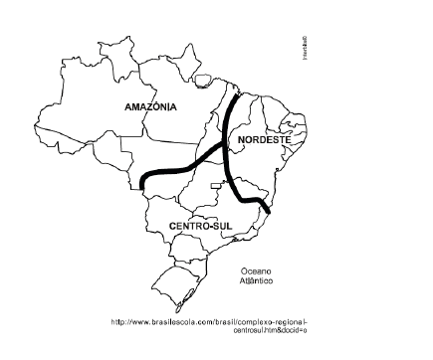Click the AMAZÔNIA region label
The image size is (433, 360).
pos(151,105)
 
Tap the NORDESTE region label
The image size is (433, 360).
pos(265,141)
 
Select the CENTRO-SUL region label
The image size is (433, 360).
pos(201,227)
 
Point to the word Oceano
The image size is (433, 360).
pos(256,270)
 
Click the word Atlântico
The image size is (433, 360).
pos(256,281)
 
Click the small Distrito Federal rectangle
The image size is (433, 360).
pos(219,185)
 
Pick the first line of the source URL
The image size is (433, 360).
pos(210,321)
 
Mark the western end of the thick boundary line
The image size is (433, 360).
pos(143,184)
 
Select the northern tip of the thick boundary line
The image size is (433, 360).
pos(237,93)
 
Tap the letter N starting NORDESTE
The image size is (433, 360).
pos(242,141)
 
